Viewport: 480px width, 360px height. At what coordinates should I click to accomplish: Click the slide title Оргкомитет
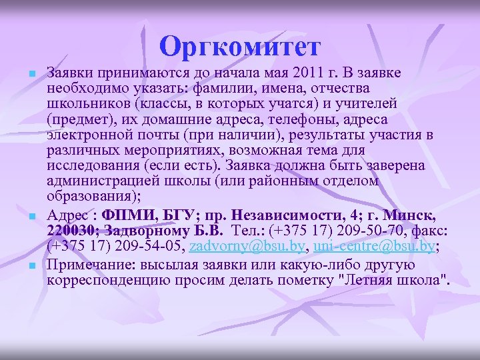pos(240,47)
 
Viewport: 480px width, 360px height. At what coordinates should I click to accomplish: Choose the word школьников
pos(88,103)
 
